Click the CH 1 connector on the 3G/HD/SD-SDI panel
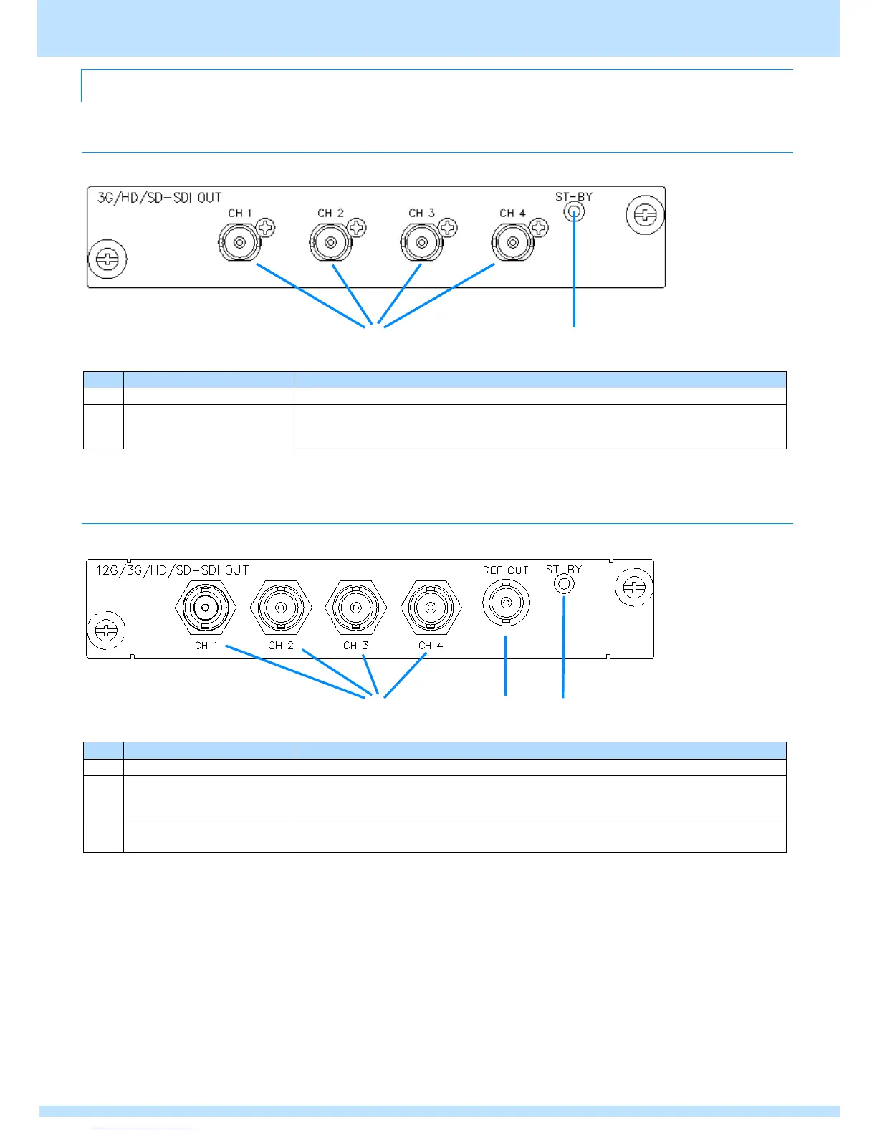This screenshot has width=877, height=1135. (x=239, y=243)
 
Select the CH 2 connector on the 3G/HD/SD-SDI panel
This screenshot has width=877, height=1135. (x=330, y=243)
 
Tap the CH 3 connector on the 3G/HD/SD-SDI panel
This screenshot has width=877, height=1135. (x=421, y=243)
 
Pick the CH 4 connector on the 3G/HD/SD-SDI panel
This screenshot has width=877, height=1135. (x=512, y=243)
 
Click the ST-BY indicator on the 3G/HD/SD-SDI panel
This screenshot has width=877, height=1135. (x=574, y=211)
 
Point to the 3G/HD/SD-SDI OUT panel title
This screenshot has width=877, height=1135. (x=160, y=197)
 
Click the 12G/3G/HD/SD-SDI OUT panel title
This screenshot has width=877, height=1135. (x=172, y=570)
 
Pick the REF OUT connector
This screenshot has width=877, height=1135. (x=506, y=603)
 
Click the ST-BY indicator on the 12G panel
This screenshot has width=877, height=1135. (x=564, y=584)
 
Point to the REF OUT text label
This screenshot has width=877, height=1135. (x=505, y=570)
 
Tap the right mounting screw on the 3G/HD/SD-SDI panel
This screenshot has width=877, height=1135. (x=645, y=214)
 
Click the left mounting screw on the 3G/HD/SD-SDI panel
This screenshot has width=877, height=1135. (x=107, y=259)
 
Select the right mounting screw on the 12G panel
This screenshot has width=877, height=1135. (x=634, y=588)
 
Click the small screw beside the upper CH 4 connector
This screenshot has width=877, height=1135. (x=539, y=228)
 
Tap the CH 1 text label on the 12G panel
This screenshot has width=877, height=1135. (x=206, y=646)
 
